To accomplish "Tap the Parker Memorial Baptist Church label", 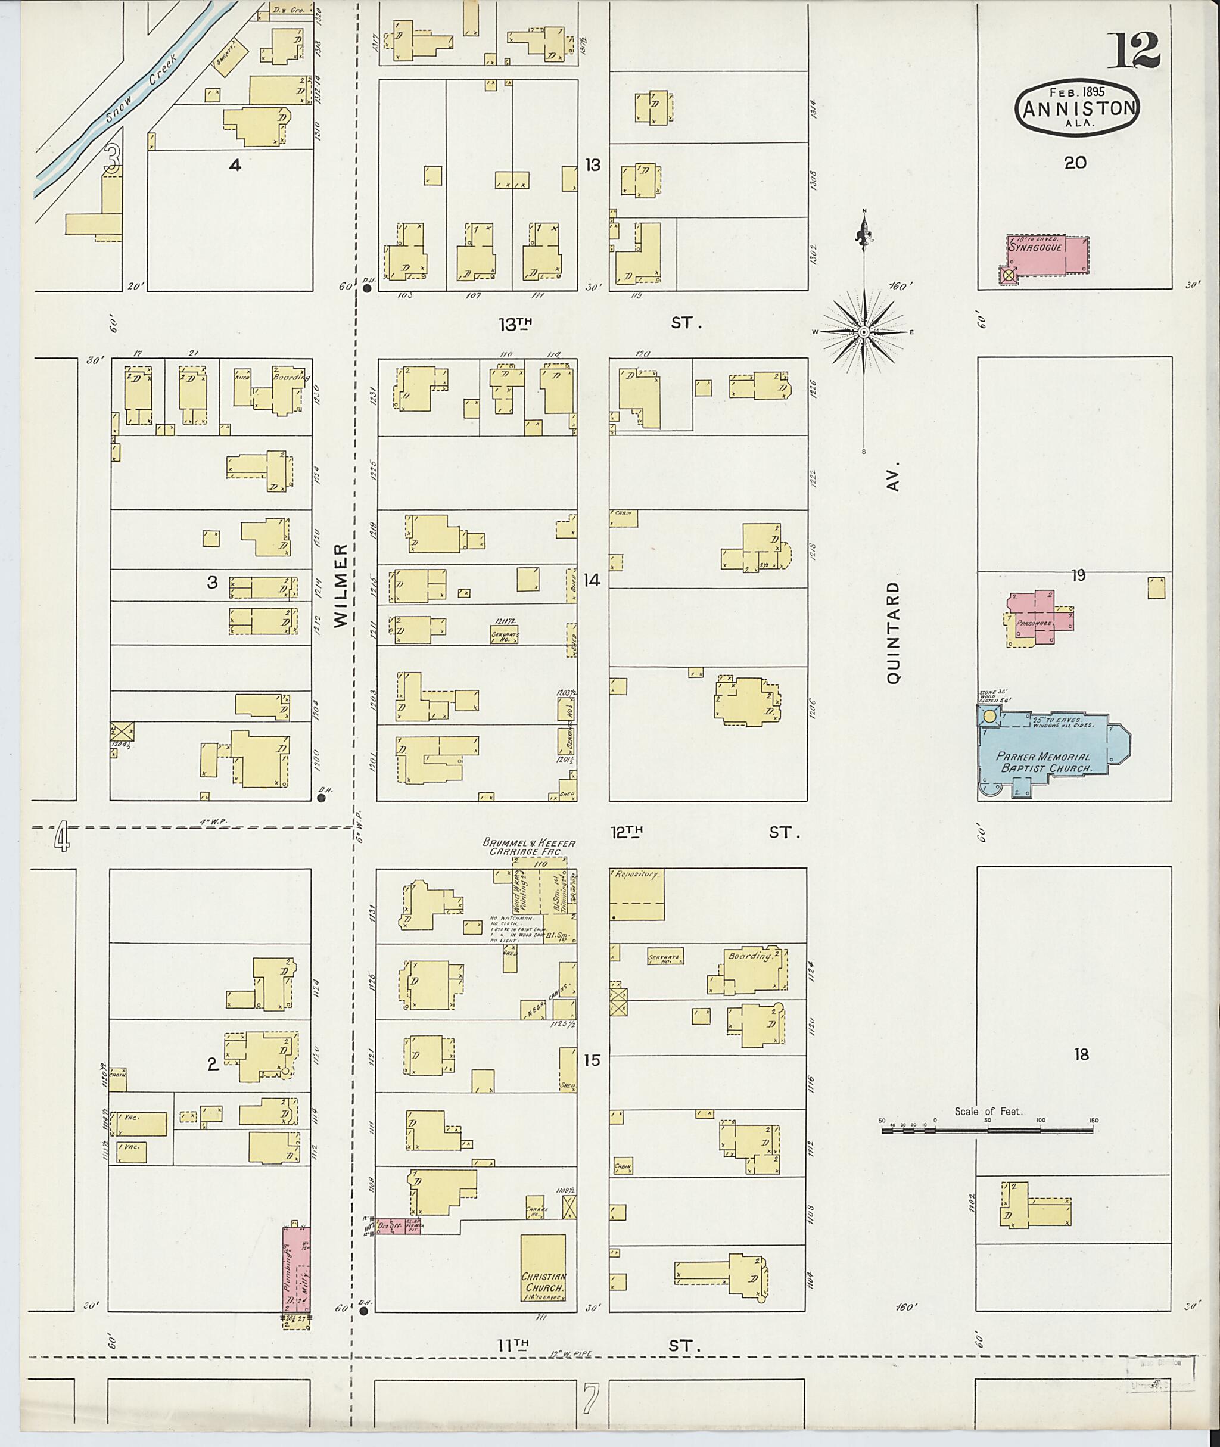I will (1044, 763).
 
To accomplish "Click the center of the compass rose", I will (864, 332).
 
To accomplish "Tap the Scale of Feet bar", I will (988, 1129).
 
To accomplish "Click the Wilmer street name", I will (341, 585).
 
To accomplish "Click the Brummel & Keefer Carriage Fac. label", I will (528, 848).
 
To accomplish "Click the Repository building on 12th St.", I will (636, 893).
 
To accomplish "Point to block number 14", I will (592, 580).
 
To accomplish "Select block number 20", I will (1075, 163).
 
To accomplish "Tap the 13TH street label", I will (516, 322).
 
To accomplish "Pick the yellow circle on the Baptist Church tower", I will (989, 716).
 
